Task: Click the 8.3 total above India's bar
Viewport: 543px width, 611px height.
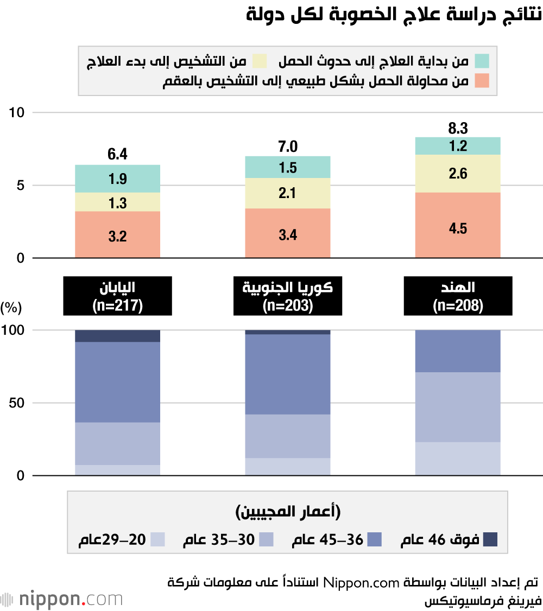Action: coord(458,129)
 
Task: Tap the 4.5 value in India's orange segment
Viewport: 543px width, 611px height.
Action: coord(458,228)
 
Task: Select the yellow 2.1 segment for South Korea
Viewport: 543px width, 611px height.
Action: coord(288,193)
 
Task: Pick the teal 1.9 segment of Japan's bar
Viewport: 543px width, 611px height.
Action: coord(117,179)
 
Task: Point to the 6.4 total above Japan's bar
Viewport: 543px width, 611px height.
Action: coord(117,154)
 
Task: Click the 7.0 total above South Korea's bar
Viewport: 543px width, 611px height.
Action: coord(288,146)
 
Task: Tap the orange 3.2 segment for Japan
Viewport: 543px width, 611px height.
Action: coord(117,236)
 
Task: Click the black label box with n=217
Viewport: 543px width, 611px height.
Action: coord(117,296)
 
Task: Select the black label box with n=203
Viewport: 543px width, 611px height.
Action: coord(288,296)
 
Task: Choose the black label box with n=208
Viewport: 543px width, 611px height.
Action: coord(458,296)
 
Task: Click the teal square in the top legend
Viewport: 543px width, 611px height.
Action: coord(482,61)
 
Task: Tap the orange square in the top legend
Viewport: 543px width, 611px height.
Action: coord(482,81)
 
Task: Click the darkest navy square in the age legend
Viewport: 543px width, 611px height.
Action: coord(490,539)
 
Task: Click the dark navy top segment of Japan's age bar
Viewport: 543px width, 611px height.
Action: coord(117,336)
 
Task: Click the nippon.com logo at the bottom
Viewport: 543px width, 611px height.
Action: coord(62,600)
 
